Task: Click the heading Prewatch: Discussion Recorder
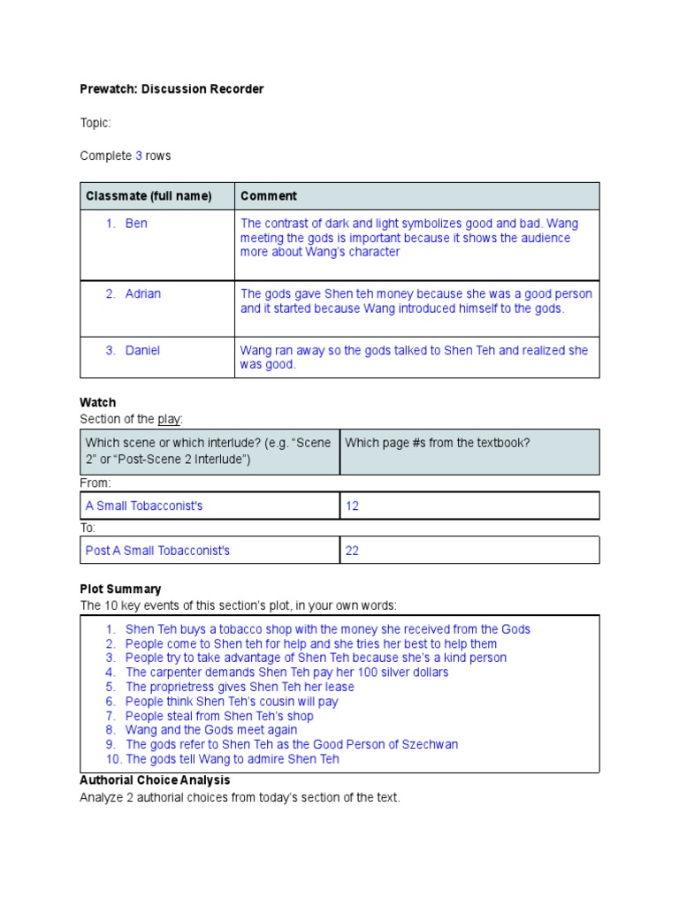[172, 89]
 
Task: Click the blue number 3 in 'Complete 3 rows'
[139, 156]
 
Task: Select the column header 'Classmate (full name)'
[149, 196]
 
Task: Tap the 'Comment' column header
[269, 196]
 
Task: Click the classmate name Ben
[136, 224]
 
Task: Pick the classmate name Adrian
[143, 293]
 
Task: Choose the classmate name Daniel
[142, 351]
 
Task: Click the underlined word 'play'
[168, 418]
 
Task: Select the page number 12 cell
[352, 506]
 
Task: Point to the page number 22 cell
[352, 551]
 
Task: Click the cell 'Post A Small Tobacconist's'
[157, 551]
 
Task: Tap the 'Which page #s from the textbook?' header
[438, 443]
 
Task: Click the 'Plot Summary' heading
[120, 589]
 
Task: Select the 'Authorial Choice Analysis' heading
[155, 780]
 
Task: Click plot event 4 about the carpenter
[286, 673]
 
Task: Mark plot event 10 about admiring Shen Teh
[233, 759]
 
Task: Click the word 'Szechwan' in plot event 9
[428, 745]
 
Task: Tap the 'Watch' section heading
[97, 402]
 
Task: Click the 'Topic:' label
[95, 124]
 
